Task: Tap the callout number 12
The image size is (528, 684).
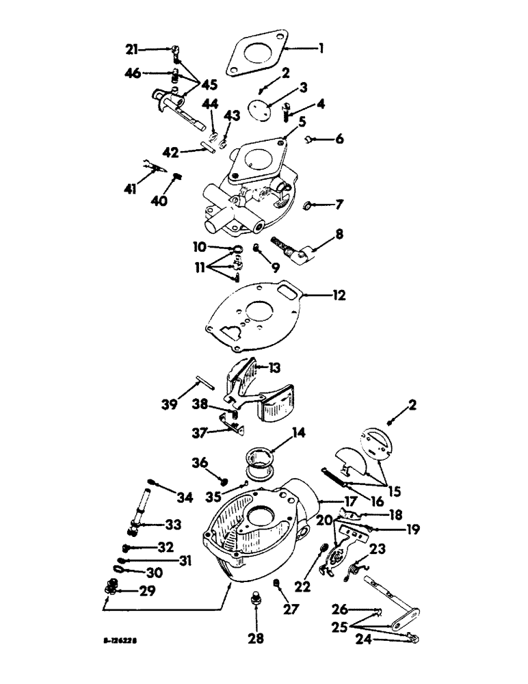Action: pos(340,296)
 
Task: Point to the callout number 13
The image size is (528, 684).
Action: pos(274,367)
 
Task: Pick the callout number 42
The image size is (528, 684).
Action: pos(172,152)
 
